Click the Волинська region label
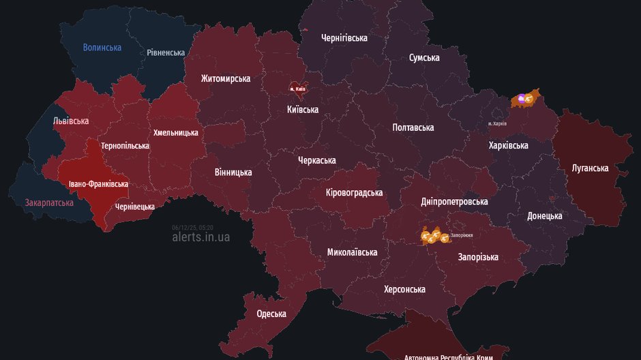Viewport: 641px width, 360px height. click(102, 48)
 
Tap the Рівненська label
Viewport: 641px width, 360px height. click(166, 52)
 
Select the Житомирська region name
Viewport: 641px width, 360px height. click(225, 78)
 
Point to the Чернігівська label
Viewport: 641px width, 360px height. click(344, 38)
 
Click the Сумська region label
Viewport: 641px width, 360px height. click(424, 58)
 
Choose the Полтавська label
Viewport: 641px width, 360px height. click(413, 127)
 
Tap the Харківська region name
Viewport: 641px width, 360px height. click(509, 145)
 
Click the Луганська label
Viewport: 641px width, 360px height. click(590, 168)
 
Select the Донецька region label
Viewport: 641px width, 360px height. click(545, 216)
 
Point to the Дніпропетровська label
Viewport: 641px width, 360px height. click(454, 202)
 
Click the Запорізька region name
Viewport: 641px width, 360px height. click(478, 257)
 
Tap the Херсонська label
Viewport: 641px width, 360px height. click(404, 289)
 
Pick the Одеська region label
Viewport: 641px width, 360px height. click(271, 314)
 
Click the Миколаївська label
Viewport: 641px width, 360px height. click(352, 252)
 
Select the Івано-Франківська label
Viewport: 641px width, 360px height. click(98, 184)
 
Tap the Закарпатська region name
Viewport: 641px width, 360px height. click(49, 202)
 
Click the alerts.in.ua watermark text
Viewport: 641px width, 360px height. click(201, 237)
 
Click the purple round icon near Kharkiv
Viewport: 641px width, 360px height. click(522, 99)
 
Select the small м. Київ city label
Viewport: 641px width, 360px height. click(298, 89)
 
